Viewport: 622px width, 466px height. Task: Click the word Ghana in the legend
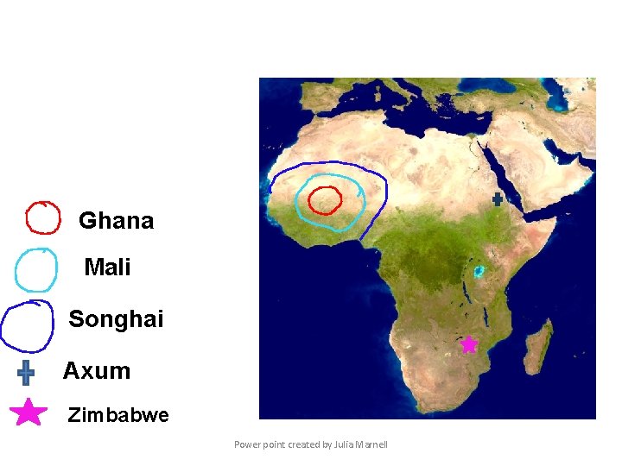pyautogui.click(x=116, y=221)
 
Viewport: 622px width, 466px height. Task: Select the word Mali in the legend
pyautogui.click(x=108, y=268)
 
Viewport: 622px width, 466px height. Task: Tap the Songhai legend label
pyautogui.click(x=116, y=319)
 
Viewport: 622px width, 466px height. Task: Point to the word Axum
pyautogui.click(x=97, y=371)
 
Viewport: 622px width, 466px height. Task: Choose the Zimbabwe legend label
pyautogui.click(x=118, y=415)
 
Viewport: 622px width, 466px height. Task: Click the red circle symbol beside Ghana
pyautogui.click(x=42, y=218)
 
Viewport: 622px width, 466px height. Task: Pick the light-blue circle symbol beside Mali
pyautogui.click(x=37, y=270)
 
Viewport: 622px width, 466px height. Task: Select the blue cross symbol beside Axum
pyautogui.click(x=26, y=372)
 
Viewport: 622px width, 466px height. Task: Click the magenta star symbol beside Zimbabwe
pyautogui.click(x=29, y=412)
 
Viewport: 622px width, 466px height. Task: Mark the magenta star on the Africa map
pyautogui.click(x=468, y=344)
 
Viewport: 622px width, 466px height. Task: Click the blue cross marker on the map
pyautogui.click(x=498, y=199)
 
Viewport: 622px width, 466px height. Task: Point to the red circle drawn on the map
pyautogui.click(x=326, y=200)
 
